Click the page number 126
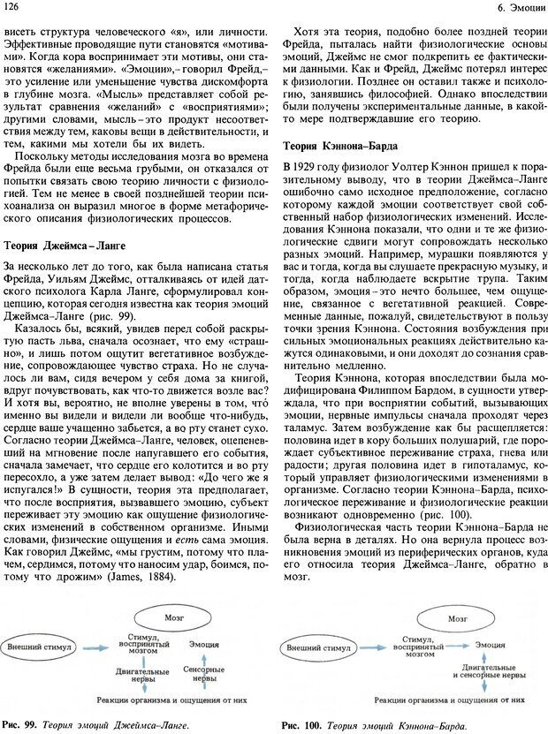pos(12,8)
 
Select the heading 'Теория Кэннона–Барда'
pos(340,146)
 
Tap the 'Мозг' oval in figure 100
pos(456,619)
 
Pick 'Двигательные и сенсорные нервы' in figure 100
pos(462,673)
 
